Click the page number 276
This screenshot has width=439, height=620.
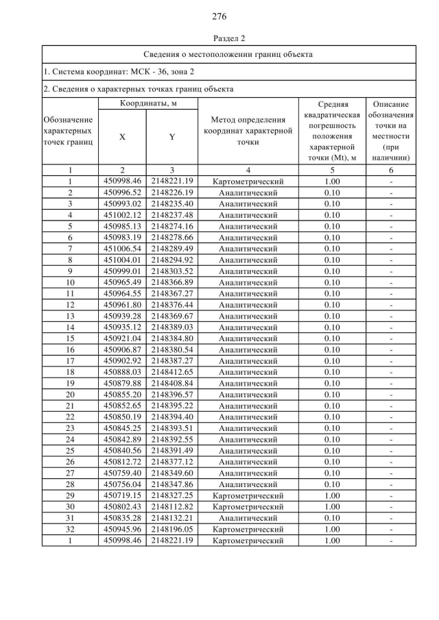tap(219, 15)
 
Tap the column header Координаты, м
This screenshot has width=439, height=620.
tap(149, 103)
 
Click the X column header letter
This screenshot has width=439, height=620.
tap(122, 136)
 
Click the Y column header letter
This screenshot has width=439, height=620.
tap(172, 136)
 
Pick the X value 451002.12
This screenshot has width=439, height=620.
tap(122, 215)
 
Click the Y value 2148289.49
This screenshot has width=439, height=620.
tap(172, 249)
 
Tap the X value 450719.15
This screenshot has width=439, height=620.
tap(122, 495)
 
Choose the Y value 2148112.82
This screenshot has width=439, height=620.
tap(172, 506)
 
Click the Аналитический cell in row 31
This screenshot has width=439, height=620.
tap(248, 518)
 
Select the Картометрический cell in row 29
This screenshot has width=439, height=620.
tap(248, 495)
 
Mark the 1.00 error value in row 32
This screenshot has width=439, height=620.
tap(332, 529)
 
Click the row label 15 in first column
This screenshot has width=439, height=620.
tap(70, 338)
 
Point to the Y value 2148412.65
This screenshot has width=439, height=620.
tap(172, 372)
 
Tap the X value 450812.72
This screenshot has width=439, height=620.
tap(122, 462)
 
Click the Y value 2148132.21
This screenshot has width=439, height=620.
tap(172, 518)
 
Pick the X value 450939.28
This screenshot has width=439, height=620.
tap(122, 316)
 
